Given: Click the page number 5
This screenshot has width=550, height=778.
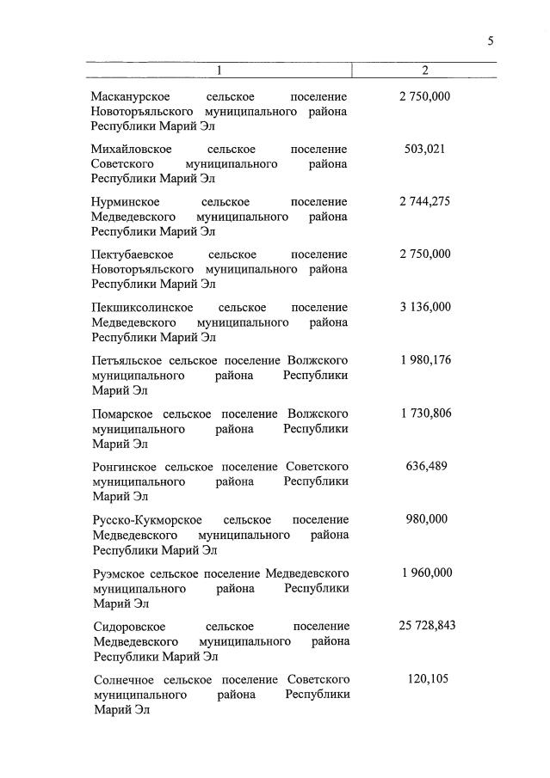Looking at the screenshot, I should pos(491,40).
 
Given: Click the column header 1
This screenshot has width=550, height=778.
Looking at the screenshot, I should pos(219,70).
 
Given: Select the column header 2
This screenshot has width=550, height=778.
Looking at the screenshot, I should pos(424,70).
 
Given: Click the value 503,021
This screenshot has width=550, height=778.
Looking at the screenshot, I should pos(424,149).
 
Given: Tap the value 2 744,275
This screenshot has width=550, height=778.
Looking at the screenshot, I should pos(424,201).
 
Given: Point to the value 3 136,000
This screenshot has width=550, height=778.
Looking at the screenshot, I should pos(424,307).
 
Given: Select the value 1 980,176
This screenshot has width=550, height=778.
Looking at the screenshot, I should pos(424,360).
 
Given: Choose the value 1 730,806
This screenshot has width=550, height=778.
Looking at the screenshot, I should pos(424,413).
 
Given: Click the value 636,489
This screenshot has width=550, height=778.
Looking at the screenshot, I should pos(424,466).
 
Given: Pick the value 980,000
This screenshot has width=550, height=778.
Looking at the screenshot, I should pos(425,519).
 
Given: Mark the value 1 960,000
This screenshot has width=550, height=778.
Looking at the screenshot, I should pos(424,573).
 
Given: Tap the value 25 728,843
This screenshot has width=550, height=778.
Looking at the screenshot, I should pos(426,626).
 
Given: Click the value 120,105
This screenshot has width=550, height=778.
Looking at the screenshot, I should pos(425,679).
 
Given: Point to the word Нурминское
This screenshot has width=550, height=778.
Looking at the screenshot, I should pos(125,202).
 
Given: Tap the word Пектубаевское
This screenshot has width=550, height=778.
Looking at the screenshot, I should pos(133,254).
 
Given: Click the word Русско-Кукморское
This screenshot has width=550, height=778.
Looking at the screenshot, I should pos(147,520).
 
